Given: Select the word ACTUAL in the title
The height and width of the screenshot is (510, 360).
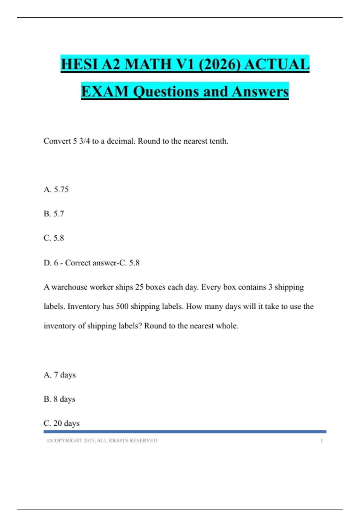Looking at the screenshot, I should pos(277,64).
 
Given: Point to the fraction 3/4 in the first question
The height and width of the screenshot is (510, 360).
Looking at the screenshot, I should pos(84,141).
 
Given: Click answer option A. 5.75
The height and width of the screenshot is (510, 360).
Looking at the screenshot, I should pos(56,189).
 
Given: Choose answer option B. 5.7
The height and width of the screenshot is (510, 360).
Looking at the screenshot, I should pos(54,214).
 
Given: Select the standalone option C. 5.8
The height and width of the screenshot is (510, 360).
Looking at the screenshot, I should pos(54,238).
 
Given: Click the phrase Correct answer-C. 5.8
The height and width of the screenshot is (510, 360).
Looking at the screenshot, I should pos(102,262).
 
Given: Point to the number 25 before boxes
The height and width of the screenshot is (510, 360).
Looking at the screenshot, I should pos(139,287).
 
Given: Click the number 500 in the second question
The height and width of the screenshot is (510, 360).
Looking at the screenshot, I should pos(122,306).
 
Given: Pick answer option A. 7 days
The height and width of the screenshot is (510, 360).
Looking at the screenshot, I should pos(60,375).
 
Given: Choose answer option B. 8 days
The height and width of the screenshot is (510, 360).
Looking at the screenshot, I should pos(59,399).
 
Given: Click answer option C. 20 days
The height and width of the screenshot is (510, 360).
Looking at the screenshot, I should pos(61,423).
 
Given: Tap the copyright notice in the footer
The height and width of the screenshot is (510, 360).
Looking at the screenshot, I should pos(102,440).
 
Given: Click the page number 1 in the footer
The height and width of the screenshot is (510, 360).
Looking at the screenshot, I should pos(321,440).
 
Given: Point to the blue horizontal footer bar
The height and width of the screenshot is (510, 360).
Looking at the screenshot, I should pos(185,432).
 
